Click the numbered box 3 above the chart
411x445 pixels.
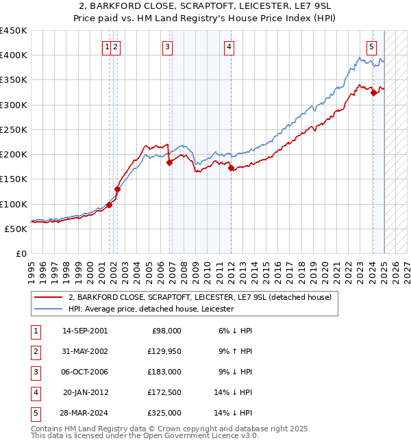[168, 47]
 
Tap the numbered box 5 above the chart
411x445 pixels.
[371, 47]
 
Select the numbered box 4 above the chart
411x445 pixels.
[229, 47]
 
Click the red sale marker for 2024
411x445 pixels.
[373, 93]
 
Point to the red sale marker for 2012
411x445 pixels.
[231, 168]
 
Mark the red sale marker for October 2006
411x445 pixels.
[169, 162]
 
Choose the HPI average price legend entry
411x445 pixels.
[151, 309]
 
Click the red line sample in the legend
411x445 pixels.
[49, 297]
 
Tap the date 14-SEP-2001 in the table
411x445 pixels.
[85, 331]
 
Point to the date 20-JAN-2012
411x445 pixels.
[85, 392]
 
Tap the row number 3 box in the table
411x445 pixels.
[34, 372]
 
